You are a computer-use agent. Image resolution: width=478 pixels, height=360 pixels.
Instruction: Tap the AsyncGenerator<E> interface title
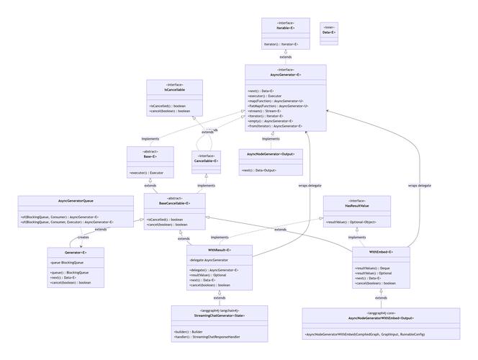[x=285, y=75]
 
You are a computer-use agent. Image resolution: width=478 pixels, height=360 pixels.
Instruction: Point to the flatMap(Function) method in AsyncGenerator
[x=277, y=106]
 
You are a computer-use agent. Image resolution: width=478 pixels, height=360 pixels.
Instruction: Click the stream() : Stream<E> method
[x=264, y=111]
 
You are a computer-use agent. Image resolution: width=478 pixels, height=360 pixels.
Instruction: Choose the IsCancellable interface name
[x=174, y=90]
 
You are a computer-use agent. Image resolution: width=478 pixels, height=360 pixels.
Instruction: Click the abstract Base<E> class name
[x=150, y=156]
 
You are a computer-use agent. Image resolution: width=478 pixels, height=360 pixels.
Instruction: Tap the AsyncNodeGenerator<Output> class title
[x=271, y=154]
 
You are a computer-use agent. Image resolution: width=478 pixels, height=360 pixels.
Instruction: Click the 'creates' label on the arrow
[x=83, y=237]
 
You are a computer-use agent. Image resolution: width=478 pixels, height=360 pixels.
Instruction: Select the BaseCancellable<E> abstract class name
[x=174, y=203]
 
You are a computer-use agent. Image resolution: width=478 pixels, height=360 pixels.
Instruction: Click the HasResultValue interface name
[x=356, y=206]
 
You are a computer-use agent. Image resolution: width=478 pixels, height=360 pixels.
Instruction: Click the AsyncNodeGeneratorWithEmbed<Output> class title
[x=381, y=318]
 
